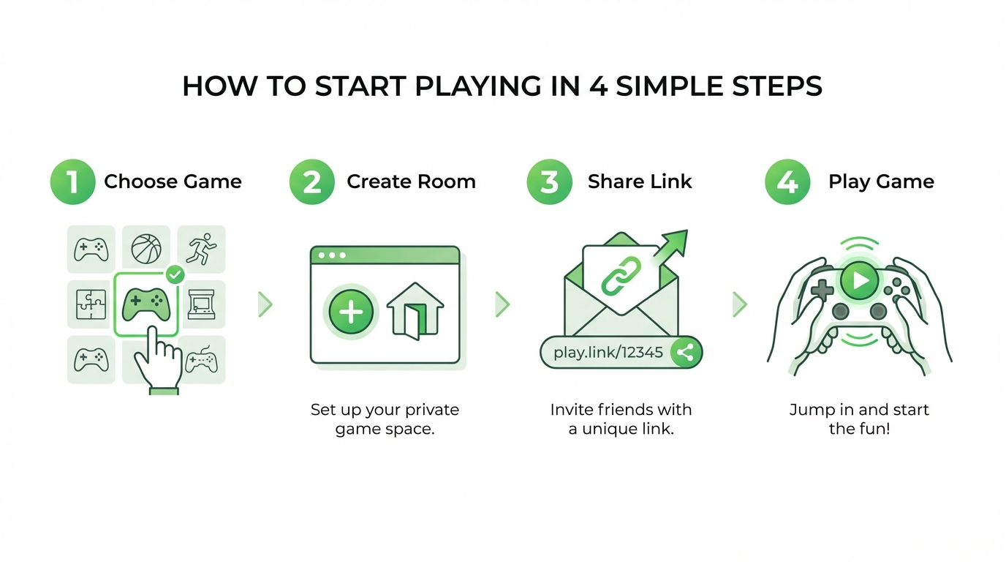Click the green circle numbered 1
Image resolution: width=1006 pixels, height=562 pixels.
coord(72,181)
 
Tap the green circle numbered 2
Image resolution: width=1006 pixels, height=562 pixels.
coord(312,181)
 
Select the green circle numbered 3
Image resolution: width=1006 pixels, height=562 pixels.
coord(549,181)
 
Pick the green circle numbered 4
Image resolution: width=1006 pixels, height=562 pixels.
coord(787,181)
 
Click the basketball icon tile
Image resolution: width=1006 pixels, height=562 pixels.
coord(146,249)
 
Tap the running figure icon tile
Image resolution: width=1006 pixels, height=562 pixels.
coord(201,249)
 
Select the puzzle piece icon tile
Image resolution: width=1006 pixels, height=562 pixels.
coord(91,304)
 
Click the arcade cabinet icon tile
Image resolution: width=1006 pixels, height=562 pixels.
coord(201,304)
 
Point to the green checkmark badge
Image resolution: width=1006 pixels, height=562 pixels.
coord(175,274)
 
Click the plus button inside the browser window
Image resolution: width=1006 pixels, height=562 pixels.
coord(351,312)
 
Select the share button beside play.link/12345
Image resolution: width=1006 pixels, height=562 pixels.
coord(685,353)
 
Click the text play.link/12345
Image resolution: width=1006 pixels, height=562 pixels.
coord(608,353)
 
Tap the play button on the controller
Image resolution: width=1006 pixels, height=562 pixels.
coord(859,280)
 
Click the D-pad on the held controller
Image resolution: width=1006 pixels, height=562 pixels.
coord(822,290)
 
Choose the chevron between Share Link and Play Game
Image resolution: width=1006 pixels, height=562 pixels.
coord(740,304)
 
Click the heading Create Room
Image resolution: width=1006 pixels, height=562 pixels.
coord(411,181)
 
